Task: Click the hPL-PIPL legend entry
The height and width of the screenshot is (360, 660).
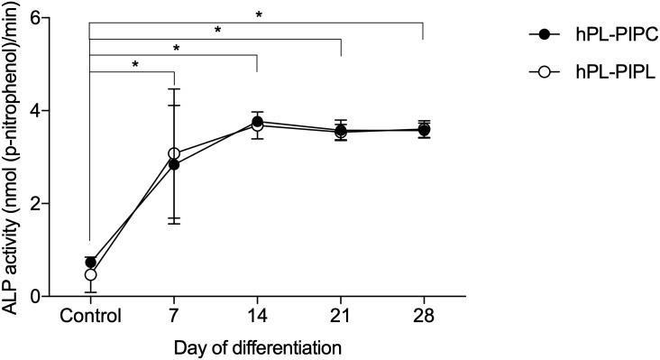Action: (587, 72)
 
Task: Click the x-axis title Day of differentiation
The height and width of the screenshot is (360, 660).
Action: (257, 346)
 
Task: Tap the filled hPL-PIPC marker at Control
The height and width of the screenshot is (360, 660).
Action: (90, 263)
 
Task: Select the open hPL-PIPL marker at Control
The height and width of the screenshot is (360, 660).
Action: (90, 274)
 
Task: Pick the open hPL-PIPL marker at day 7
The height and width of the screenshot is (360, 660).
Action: (174, 153)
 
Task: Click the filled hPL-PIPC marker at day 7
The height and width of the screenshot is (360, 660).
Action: (174, 164)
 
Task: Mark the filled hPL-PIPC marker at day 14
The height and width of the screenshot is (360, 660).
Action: (257, 121)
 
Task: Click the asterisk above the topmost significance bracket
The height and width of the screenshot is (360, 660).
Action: (259, 14)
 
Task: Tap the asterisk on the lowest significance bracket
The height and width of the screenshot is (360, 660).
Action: (134, 65)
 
